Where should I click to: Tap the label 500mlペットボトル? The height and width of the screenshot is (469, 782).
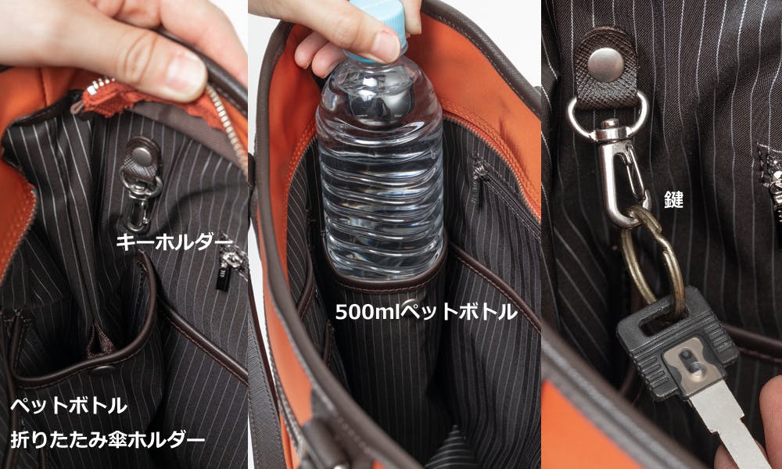pyautogui.click(x=426, y=312)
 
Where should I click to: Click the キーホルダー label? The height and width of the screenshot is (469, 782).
pyautogui.click(x=174, y=242)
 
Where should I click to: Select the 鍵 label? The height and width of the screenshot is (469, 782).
pyautogui.click(x=673, y=199)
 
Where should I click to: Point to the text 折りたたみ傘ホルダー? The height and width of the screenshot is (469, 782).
pyautogui.click(x=108, y=439)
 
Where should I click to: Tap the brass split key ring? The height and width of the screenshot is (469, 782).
pyautogui.click(x=651, y=260)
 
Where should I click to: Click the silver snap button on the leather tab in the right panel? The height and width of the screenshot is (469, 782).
pyautogui.click(x=605, y=65)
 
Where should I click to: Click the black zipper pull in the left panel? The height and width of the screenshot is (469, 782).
pyautogui.click(x=223, y=279)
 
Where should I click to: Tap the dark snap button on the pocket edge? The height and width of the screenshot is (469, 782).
pyautogui.click(x=102, y=370)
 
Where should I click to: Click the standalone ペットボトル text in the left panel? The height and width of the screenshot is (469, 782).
pyautogui.click(x=69, y=406)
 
